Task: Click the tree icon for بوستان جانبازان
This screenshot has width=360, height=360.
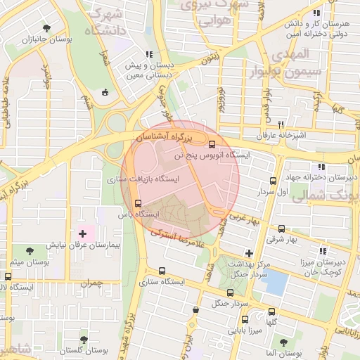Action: (46, 29)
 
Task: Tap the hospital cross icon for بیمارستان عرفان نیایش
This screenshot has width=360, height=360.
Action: (82, 233)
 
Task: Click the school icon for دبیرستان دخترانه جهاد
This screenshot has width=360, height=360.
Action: (321, 167)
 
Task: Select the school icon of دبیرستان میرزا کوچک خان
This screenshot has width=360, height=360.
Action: (323, 250)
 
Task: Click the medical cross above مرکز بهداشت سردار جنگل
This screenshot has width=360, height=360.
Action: (249, 252)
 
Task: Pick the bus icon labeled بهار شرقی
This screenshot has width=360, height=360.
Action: (282, 229)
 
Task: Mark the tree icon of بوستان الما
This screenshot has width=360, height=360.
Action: (284, 342)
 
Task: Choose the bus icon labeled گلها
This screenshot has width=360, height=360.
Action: (271, 311)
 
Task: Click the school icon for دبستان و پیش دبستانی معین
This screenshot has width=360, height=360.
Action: (148, 54)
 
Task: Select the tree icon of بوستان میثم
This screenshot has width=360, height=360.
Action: (29, 250)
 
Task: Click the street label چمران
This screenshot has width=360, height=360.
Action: (92, 284)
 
